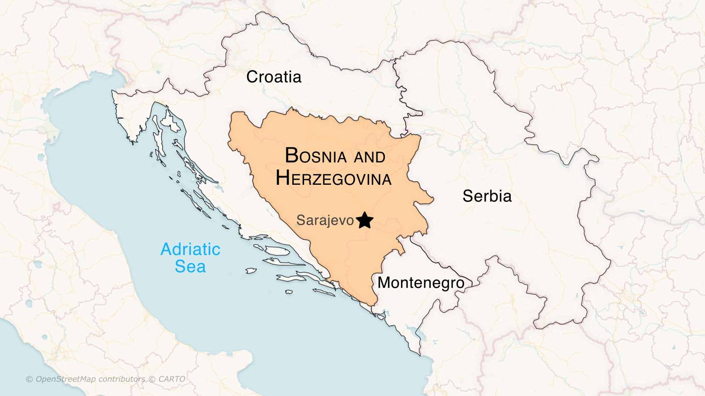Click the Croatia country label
click(x=274, y=77)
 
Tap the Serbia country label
click(x=487, y=196)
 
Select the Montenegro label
click(x=421, y=282)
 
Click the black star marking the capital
click(x=364, y=220)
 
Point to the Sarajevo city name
click(x=325, y=220)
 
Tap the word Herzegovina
click(x=334, y=179)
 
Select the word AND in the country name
click(x=370, y=157)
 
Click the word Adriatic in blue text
click(x=190, y=249)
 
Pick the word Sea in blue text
click(x=190, y=267)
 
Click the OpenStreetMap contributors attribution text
click(x=90, y=379)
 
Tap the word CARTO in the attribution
click(x=172, y=379)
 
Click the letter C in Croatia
click(x=252, y=77)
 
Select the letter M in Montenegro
click(x=385, y=282)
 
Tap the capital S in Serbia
click(x=468, y=196)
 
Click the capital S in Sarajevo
click(x=301, y=220)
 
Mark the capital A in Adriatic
click(x=167, y=249)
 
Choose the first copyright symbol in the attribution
click(x=30, y=379)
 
